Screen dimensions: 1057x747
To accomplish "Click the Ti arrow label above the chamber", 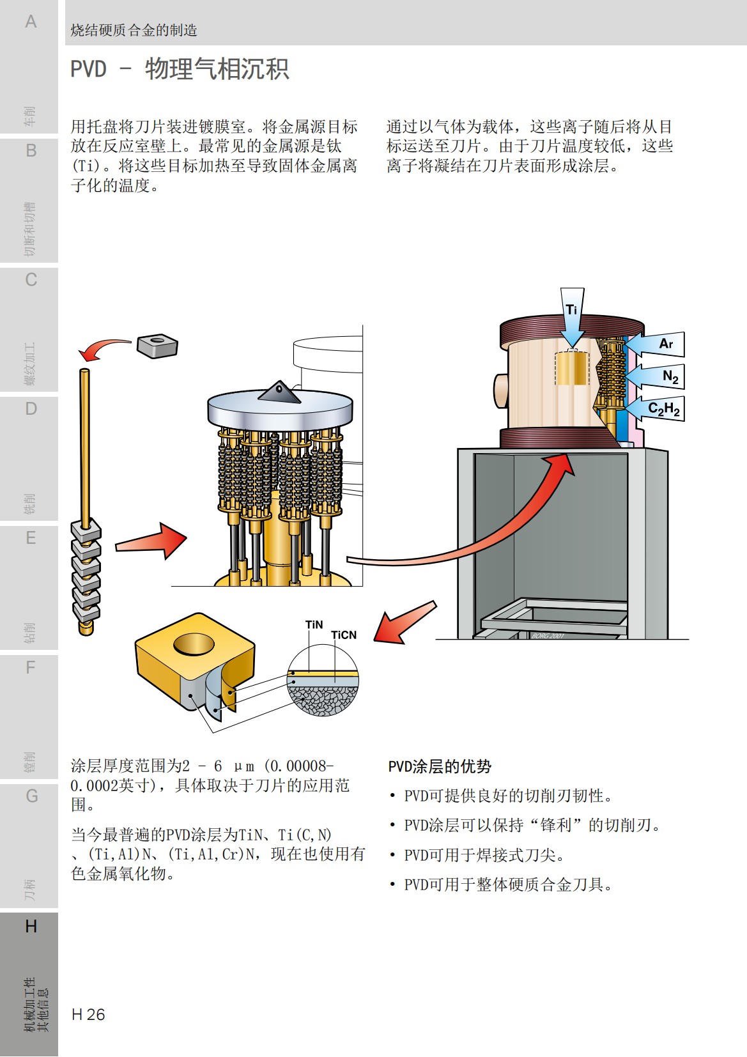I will point(571,310).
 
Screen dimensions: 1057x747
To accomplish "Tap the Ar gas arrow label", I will point(666,344).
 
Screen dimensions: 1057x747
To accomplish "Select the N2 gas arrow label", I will point(670,376).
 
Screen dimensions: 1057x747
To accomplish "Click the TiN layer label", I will point(314,624).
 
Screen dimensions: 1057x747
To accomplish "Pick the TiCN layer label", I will point(344,635).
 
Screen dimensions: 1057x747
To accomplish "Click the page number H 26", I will point(88,1014).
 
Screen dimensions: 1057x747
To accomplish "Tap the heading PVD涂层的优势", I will point(440,766).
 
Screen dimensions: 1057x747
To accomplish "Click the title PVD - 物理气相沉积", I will point(180,69).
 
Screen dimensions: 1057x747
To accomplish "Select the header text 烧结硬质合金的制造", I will point(134,30).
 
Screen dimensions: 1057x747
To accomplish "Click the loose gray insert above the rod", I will point(157,346).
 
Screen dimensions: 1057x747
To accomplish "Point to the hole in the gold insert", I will point(194,644).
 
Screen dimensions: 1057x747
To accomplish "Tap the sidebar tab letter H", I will point(31,926).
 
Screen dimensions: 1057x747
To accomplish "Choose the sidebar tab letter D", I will point(31,409).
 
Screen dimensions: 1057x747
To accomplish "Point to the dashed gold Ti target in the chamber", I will point(571,368).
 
